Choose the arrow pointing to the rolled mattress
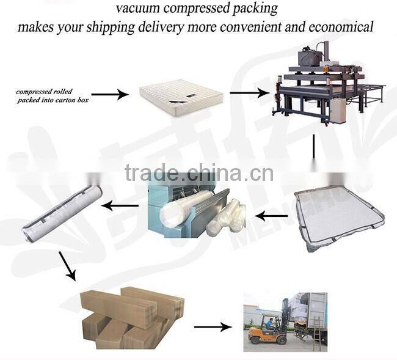coord(119,206)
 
